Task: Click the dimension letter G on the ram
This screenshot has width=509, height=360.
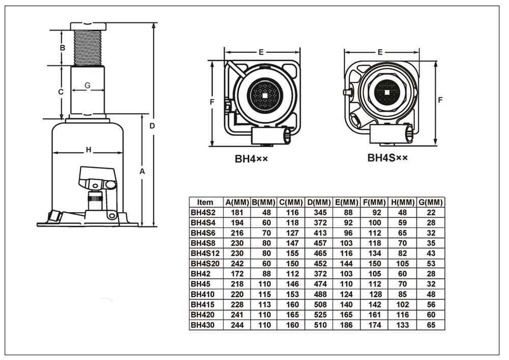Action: click(x=88, y=86)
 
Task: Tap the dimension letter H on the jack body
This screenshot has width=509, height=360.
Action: click(x=88, y=150)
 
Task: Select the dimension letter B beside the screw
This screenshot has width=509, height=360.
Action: click(x=62, y=48)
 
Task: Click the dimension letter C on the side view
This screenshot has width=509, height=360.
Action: click(x=61, y=92)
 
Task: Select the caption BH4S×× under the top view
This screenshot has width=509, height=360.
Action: click(x=388, y=158)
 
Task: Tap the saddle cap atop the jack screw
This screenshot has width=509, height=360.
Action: click(x=88, y=26)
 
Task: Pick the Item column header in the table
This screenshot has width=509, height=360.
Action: click(x=205, y=202)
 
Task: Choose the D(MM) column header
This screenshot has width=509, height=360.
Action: click(x=319, y=202)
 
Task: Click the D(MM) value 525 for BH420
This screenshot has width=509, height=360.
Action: click(x=319, y=314)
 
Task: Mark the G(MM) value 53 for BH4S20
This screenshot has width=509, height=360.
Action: click(x=430, y=263)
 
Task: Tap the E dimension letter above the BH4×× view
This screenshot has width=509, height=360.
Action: click(x=261, y=52)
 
